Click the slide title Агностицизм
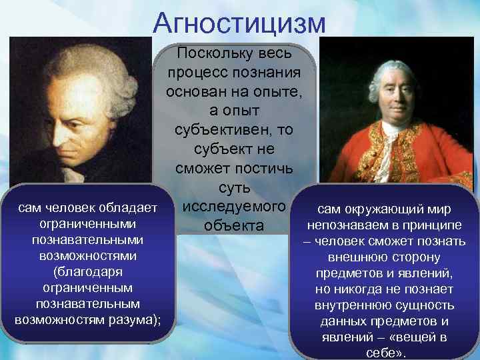(239, 22)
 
